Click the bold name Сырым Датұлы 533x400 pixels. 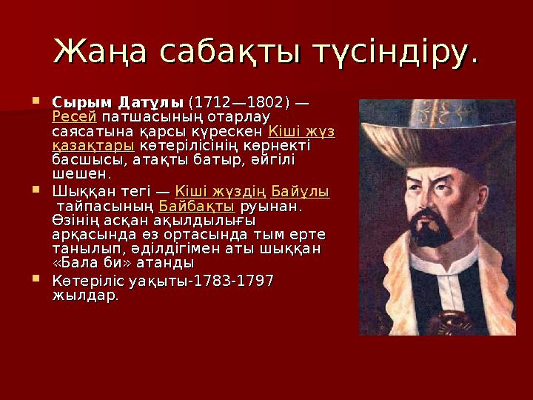tap(118, 102)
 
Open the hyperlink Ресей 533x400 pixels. tap(75, 117)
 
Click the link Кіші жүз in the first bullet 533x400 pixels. tap(301, 132)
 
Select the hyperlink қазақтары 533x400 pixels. tap(93, 146)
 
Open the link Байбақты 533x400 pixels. tap(197, 206)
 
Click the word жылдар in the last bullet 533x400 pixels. tap(84, 296)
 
